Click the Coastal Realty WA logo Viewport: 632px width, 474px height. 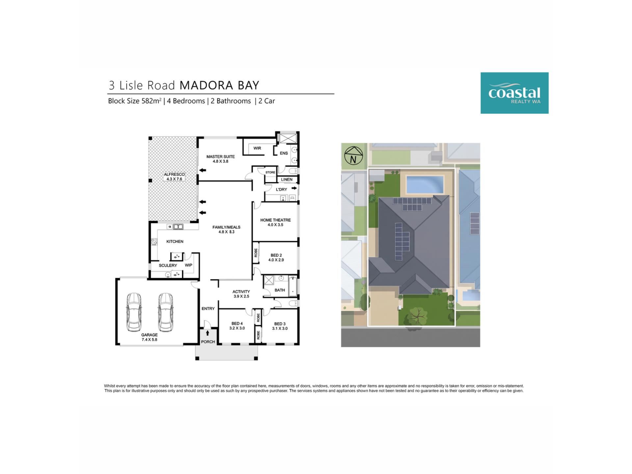tap(514, 93)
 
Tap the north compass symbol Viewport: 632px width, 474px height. tap(354, 155)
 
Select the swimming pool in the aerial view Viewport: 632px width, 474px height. tap(425, 184)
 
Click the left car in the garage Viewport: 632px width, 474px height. tap(134, 312)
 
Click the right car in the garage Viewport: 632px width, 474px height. tap(166, 312)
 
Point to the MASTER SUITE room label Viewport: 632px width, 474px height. tap(221, 159)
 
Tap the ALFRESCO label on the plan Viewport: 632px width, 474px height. tap(174, 177)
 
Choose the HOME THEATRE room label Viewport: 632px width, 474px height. tap(276, 223)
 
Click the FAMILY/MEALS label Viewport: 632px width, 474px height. tap(226, 229)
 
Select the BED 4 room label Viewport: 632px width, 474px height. tap(237, 326)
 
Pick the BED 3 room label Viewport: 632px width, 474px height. tap(280, 326)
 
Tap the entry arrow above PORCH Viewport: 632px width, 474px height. tap(207, 333)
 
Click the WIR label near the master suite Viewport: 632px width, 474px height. tap(257, 148)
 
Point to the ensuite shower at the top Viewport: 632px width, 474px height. tap(288, 138)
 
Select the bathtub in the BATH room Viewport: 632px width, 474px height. tap(293, 286)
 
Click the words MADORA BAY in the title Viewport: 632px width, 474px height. tap(220, 86)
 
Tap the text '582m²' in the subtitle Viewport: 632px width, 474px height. tap(151, 101)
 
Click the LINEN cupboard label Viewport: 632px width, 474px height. tap(287, 179)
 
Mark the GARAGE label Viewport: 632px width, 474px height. tap(149, 337)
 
